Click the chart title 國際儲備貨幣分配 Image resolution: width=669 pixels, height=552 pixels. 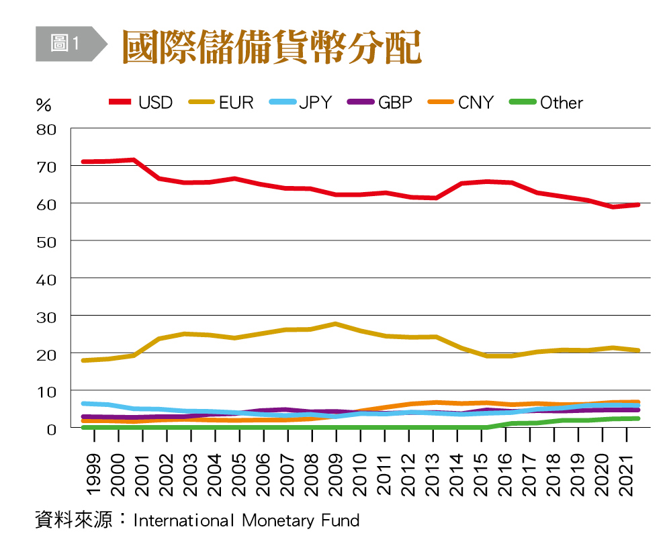coord(271,46)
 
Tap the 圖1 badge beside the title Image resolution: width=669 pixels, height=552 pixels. coord(66,44)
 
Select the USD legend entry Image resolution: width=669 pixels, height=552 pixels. coord(141,103)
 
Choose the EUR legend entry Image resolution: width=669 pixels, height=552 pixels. coord(221,103)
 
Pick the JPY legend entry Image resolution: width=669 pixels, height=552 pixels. coord(301,103)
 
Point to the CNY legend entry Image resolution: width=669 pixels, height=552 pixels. coord(461,103)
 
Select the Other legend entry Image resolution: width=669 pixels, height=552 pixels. coord(546,103)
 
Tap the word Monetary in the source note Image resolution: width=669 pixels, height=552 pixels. coord(282,520)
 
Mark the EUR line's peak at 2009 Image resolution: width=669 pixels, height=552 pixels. coord(335,324)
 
